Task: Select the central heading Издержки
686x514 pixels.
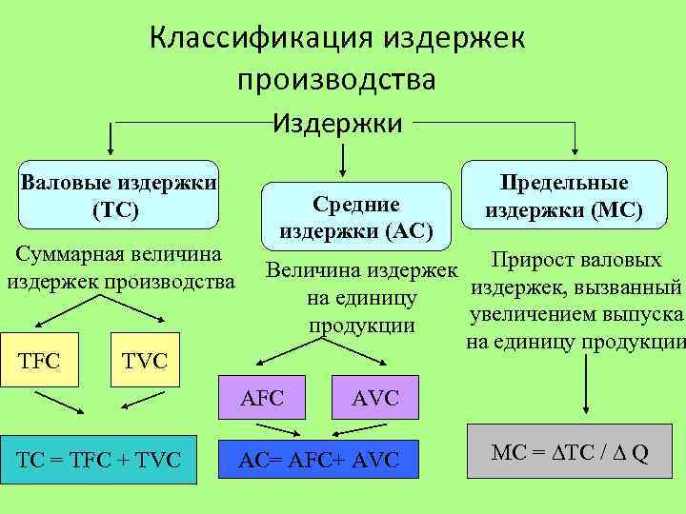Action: (337, 122)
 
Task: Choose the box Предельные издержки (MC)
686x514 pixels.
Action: (563, 196)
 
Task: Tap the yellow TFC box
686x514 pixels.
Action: (40, 360)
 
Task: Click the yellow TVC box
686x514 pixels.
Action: (145, 360)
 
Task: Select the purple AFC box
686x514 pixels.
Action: (263, 398)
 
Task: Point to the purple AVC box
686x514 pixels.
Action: (375, 398)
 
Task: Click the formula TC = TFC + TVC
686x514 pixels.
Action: (97, 460)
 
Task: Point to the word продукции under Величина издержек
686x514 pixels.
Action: (362, 325)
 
